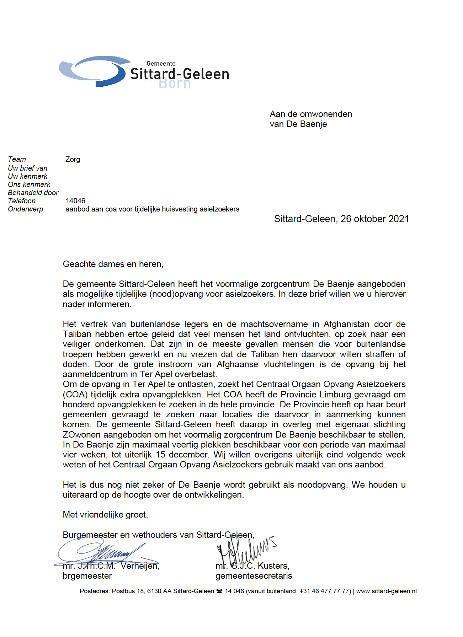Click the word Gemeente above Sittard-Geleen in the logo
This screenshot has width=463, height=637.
(161, 64)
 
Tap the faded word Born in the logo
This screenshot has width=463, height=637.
(175, 84)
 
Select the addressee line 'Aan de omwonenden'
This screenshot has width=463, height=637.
(311, 114)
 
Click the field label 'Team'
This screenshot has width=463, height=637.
(17, 159)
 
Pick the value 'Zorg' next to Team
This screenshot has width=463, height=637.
(73, 159)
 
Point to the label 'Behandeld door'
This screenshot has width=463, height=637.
(33, 193)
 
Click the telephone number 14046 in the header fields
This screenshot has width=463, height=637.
(75, 201)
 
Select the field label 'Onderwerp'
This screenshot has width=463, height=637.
(25, 209)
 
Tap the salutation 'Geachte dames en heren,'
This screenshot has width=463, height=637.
(113, 264)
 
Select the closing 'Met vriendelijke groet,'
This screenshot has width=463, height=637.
(105, 515)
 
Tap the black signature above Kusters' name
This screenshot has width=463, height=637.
(245, 549)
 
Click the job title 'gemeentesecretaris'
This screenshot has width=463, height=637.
(254, 576)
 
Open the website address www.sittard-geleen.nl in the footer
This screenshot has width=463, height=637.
(386, 591)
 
